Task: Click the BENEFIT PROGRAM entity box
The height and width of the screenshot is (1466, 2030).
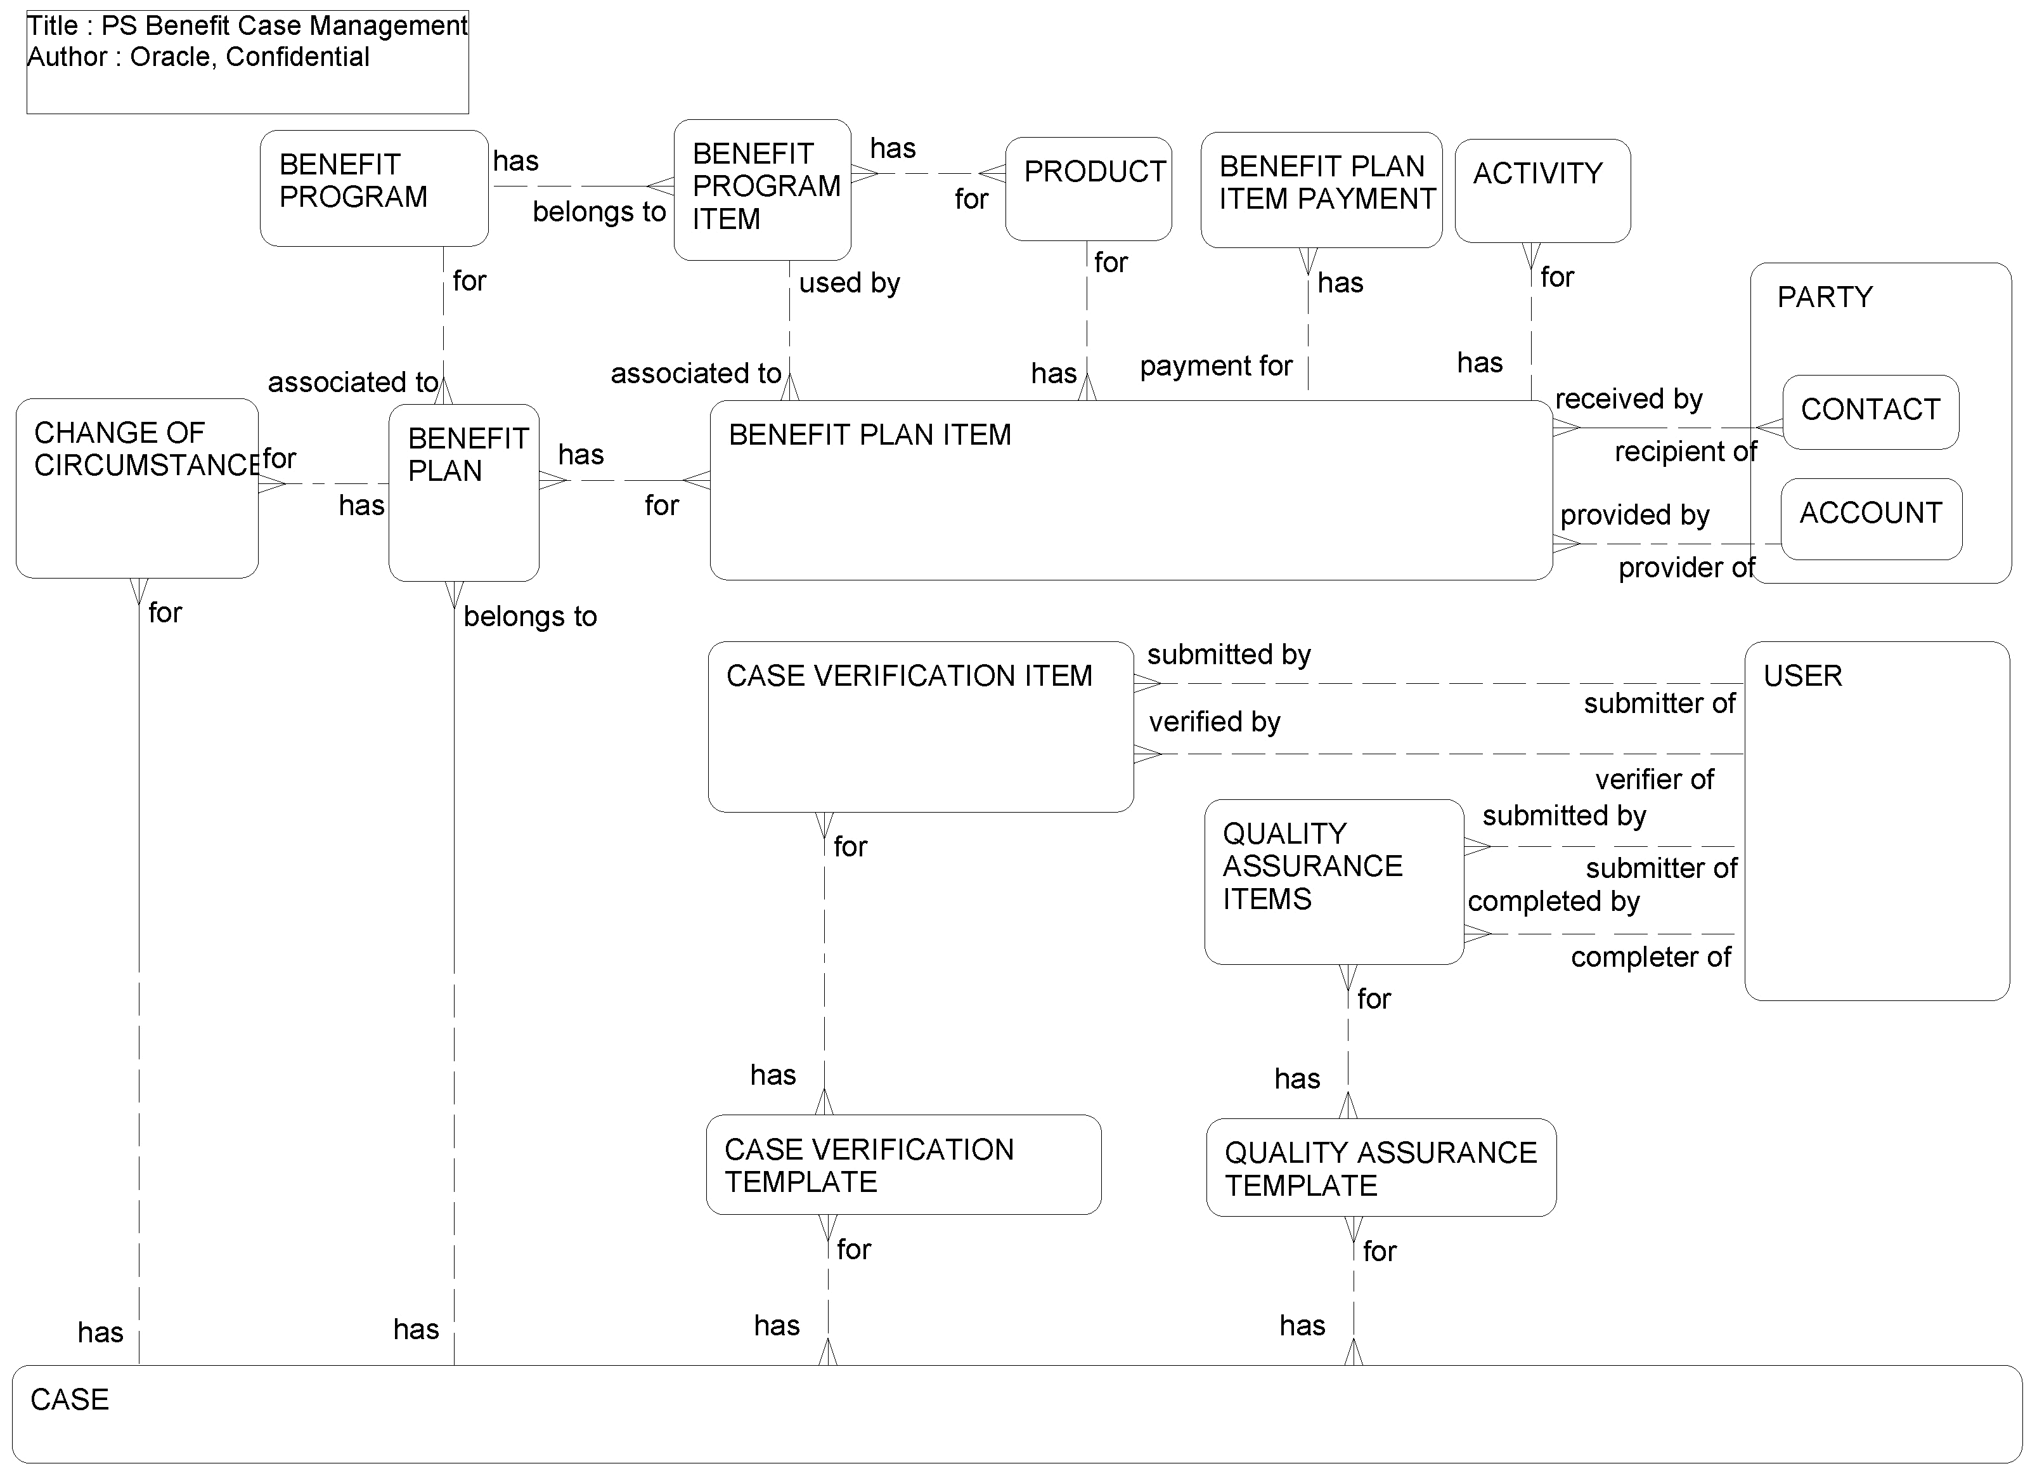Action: click(373, 188)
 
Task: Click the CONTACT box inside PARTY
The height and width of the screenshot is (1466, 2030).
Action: click(1870, 411)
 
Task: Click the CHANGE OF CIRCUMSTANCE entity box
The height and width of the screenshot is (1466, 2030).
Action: click(137, 487)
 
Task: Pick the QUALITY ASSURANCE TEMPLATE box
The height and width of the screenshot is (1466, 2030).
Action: click(1380, 1167)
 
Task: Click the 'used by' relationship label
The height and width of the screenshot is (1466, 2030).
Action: click(848, 283)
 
